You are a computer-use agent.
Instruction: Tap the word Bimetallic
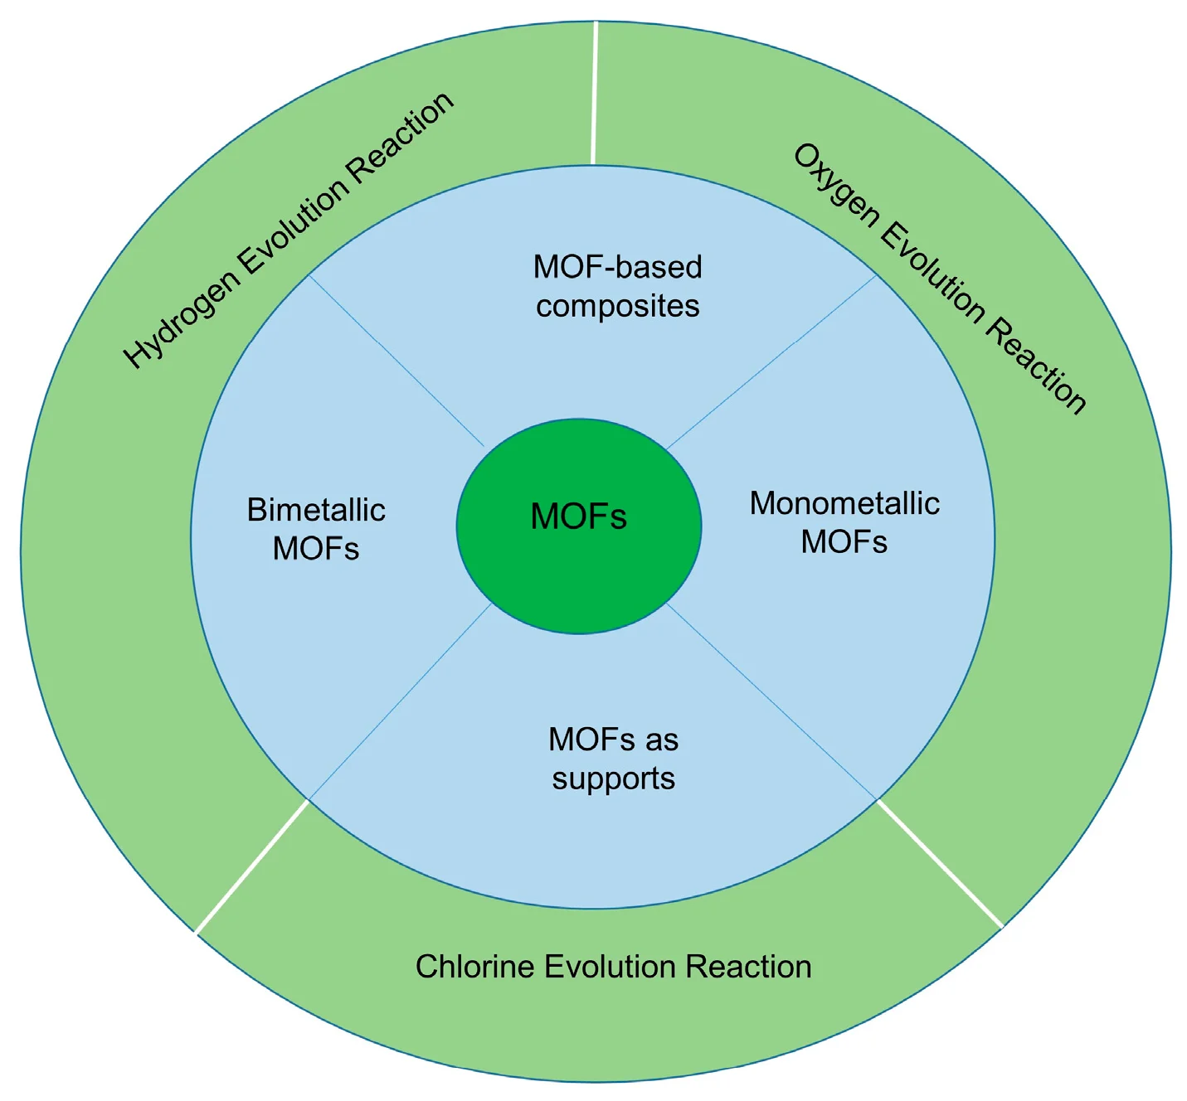click(x=316, y=510)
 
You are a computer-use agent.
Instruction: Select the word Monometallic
click(x=844, y=503)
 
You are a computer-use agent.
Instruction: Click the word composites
click(x=617, y=307)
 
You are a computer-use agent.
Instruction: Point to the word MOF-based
click(x=617, y=267)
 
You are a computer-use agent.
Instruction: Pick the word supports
click(x=614, y=778)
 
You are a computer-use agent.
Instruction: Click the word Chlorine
click(x=475, y=967)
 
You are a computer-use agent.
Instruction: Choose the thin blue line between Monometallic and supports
click(x=771, y=702)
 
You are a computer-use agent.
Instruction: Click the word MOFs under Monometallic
click(x=844, y=542)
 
